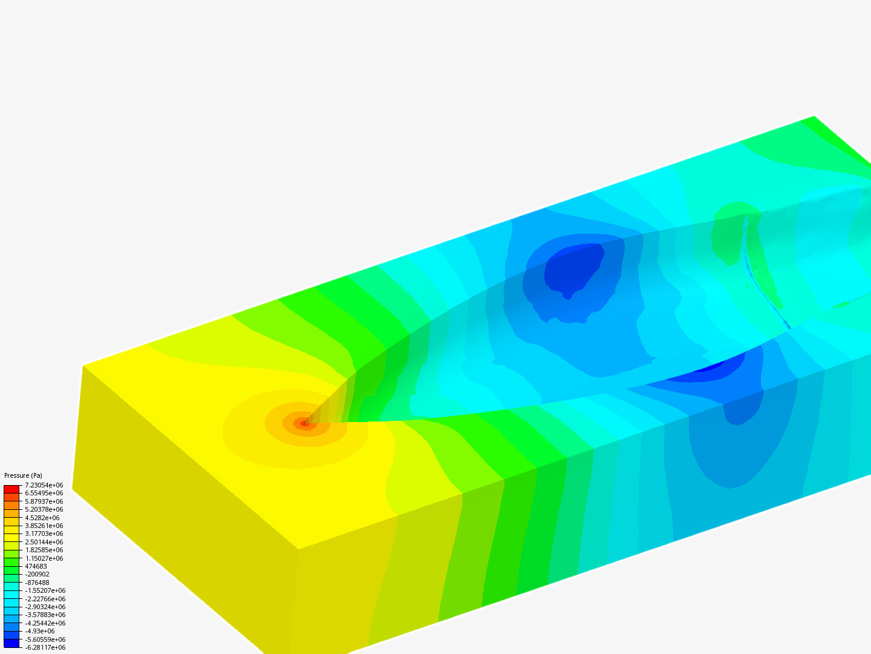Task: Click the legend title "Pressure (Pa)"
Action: [x=23, y=475]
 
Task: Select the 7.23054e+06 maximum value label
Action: [x=44, y=485]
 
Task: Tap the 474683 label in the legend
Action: [x=36, y=566]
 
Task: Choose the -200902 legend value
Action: [x=38, y=574]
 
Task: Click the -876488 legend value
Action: [x=38, y=583]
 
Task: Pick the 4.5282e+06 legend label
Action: [x=42, y=518]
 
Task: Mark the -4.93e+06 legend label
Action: [x=40, y=631]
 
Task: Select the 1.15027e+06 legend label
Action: [x=44, y=558]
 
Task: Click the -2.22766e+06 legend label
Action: [x=45, y=599]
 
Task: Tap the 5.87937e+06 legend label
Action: [x=44, y=501]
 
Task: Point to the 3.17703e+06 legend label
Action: [x=44, y=534]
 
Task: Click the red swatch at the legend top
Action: [x=11, y=489]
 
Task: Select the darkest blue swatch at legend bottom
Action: [x=11, y=643]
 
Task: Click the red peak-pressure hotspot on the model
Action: [x=305, y=423]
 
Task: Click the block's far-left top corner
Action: [x=83, y=366]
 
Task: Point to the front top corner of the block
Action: [x=298, y=549]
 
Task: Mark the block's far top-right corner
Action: [x=814, y=116]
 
